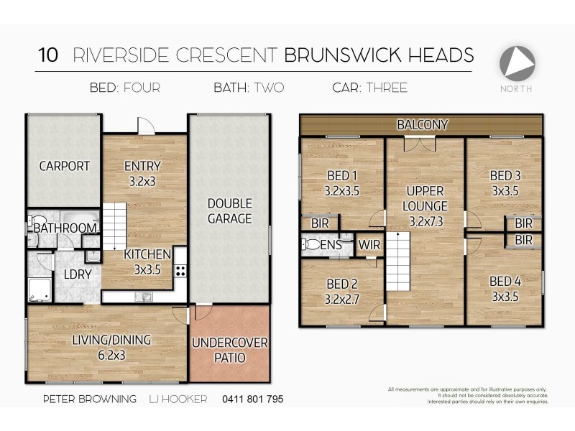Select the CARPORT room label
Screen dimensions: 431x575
[64, 166]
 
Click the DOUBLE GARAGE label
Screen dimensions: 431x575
[229, 211]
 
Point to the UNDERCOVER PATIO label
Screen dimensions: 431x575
[229, 350]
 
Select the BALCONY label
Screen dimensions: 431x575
[423, 124]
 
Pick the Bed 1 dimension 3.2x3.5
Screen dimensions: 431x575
[341, 191]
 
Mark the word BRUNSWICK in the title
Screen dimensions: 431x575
[331, 55]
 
